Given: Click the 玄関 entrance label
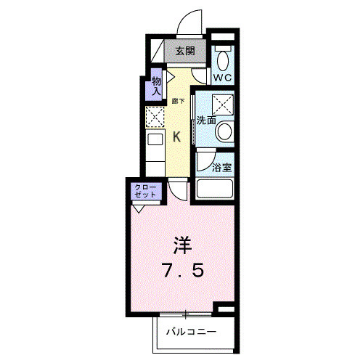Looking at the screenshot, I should pyautogui.click(x=184, y=51).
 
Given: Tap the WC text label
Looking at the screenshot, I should pyautogui.click(x=222, y=75).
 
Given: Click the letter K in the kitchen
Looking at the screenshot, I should pyautogui.click(x=176, y=134).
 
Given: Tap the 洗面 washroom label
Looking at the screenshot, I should pyautogui.click(x=205, y=121).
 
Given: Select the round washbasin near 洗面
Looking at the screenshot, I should pyautogui.click(x=225, y=132).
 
